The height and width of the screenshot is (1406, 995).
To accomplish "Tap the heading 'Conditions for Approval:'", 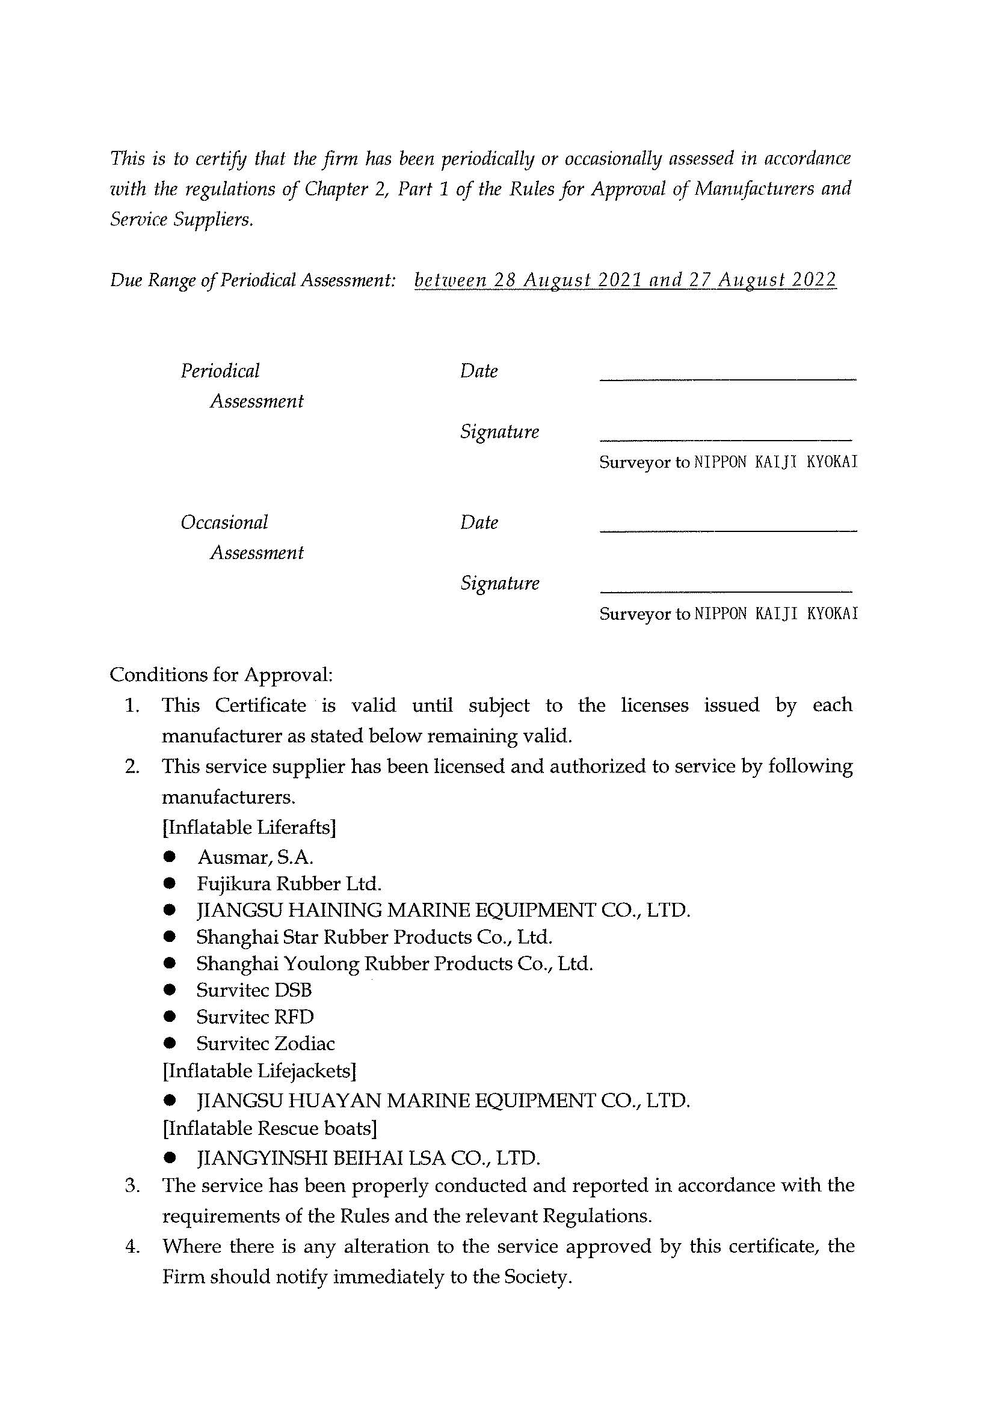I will (221, 675).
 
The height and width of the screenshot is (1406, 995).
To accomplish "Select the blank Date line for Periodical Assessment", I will (727, 379).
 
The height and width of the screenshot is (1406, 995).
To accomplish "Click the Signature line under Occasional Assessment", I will (726, 590).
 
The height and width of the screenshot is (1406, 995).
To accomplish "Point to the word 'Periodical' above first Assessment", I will (220, 371).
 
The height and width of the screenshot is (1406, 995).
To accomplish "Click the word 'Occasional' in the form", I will (224, 522).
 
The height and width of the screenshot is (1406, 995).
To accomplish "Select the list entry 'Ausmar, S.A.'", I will (256, 857).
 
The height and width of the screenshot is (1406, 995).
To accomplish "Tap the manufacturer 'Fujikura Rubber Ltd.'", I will (289, 884).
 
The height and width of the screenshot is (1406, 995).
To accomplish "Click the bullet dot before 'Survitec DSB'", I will (170, 990).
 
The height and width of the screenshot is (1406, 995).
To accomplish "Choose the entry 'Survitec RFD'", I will (255, 1017).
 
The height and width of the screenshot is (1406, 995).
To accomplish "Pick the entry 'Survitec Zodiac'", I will (265, 1044).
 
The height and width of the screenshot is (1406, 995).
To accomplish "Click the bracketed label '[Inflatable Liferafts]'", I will (249, 827).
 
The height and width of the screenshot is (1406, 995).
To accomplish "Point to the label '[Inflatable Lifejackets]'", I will (259, 1071).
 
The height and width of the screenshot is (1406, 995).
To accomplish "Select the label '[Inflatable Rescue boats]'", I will (270, 1128).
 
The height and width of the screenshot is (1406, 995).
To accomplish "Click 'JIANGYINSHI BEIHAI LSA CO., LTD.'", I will (368, 1158).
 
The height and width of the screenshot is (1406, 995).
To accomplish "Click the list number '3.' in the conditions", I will (133, 1185).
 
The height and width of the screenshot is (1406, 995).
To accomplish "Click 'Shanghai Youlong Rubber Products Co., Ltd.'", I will (395, 964).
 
